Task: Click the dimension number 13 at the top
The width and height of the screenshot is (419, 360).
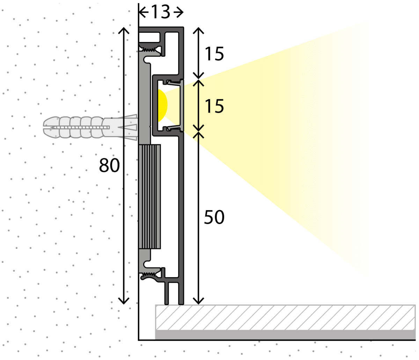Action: click(x=161, y=12)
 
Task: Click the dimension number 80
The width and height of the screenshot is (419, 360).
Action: click(x=109, y=165)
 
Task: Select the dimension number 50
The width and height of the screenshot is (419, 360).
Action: click(x=214, y=217)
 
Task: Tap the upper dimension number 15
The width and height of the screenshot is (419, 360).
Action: click(x=214, y=54)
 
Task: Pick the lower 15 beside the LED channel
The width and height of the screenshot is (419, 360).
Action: click(x=214, y=106)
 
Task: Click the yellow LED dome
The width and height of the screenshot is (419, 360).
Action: click(x=162, y=106)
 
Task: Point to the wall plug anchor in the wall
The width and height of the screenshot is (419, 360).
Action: click(x=90, y=127)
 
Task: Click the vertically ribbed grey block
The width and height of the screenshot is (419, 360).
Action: click(x=149, y=197)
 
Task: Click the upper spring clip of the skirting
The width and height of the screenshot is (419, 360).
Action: click(x=150, y=49)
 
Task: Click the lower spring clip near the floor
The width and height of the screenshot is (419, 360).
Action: click(x=150, y=275)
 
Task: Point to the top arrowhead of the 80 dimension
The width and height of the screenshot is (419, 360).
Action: click(x=124, y=30)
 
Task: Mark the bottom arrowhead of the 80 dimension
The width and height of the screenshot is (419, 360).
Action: click(x=124, y=301)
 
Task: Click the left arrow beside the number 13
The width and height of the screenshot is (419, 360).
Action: click(x=144, y=12)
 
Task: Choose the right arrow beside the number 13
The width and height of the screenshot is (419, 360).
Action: click(x=179, y=12)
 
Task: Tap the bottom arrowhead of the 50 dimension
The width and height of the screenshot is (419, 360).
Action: click(x=198, y=301)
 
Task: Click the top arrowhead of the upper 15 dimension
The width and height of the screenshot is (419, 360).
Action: click(x=198, y=30)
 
